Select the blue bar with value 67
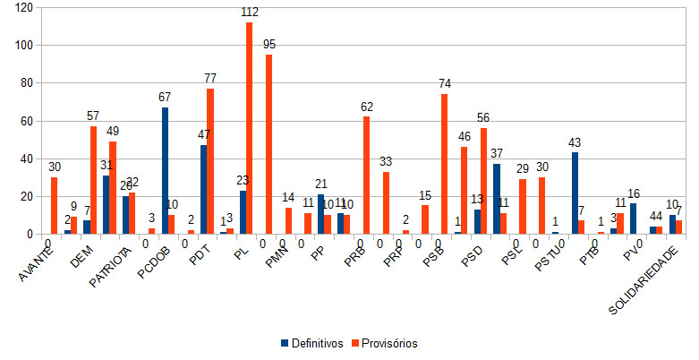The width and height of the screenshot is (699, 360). click(x=166, y=170)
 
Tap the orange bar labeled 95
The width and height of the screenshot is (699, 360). click(x=269, y=144)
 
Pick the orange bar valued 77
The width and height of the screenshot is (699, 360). click(x=210, y=161)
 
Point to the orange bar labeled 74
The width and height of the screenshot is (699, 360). click(x=444, y=164)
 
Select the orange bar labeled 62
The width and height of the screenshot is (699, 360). click(x=366, y=176)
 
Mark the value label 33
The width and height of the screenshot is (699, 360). click(x=386, y=163)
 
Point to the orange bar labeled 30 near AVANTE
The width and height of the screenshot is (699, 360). click(x=54, y=205)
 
